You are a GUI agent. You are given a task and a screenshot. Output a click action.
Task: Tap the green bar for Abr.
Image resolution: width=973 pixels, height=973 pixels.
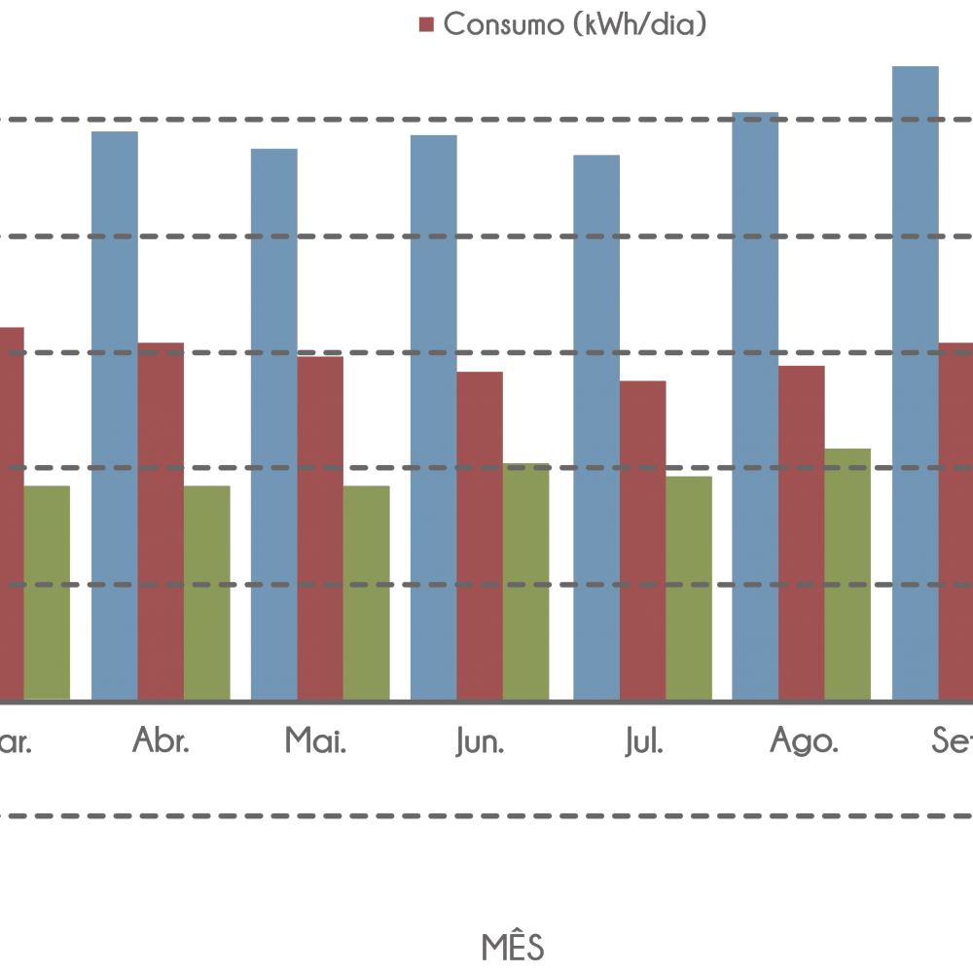[206, 593]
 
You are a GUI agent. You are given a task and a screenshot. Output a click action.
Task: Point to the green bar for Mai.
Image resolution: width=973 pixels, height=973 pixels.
[366, 593]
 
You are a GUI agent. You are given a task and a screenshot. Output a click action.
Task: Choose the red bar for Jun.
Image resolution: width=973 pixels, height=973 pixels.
[480, 535]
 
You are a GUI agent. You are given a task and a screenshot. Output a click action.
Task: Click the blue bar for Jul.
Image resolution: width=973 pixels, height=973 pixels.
[596, 427]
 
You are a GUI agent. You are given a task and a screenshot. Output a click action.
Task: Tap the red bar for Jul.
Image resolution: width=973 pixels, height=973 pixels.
[643, 540]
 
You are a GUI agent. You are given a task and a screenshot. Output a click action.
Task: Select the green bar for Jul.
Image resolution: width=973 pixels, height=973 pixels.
[689, 588]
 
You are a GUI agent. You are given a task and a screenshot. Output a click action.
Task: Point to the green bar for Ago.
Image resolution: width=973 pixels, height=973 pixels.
[847, 574]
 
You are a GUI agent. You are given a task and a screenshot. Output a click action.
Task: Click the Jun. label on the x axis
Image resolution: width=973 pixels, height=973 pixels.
[481, 742]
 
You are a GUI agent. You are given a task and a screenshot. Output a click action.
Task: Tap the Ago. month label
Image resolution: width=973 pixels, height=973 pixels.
[804, 742]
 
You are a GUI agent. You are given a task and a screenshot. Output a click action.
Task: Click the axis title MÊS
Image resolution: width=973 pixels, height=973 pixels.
[513, 946]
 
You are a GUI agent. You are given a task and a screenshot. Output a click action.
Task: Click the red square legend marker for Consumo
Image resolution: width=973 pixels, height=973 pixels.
[425, 25]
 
